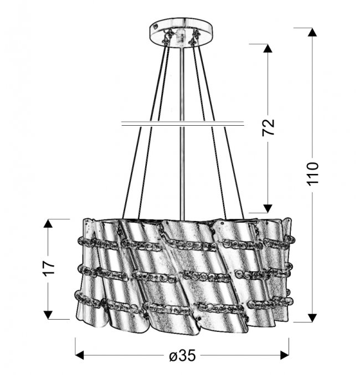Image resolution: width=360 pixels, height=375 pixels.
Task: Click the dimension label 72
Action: (268, 127)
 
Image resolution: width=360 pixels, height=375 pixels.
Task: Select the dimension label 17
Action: (49, 269)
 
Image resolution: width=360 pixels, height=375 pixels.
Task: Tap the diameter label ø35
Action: (183, 356)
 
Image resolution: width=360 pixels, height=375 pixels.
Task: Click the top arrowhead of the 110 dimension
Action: (312, 32)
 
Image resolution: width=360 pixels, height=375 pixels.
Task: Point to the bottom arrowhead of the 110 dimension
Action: (312, 317)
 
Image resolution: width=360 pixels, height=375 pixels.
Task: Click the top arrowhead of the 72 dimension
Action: (268, 49)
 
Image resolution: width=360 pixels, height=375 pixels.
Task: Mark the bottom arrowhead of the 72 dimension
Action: (268, 208)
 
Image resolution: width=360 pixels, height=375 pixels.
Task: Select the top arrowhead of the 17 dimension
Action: (48, 224)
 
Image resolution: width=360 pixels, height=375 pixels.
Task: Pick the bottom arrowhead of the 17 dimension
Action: (48, 315)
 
